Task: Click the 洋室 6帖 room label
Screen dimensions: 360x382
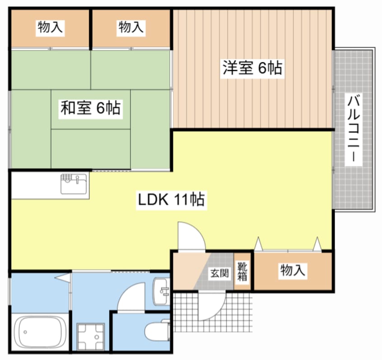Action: tap(252, 69)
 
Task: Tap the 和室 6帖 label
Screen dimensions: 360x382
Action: tap(90, 108)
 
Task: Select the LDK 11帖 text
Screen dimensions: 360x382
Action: tap(171, 199)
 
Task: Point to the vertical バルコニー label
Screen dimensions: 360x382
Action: tap(353, 129)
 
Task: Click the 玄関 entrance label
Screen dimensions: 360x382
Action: tap(218, 274)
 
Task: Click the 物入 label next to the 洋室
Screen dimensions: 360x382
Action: tap(131, 28)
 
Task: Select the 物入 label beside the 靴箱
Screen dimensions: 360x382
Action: tap(293, 271)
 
